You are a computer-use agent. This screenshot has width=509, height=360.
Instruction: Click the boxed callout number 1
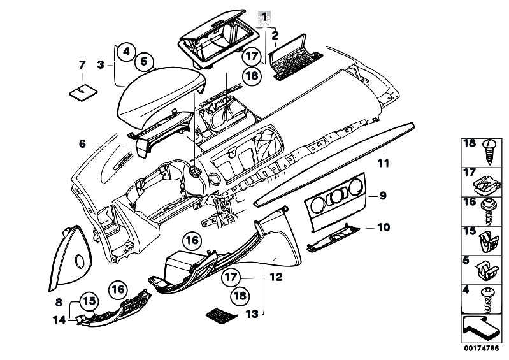point(264,16)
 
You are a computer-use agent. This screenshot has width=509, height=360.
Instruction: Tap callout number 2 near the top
point(275,36)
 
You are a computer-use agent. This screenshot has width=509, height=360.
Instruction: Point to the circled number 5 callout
point(144,62)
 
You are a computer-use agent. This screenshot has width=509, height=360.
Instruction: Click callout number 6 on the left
point(82,144)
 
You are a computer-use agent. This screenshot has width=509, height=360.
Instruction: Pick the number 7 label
point(82,64)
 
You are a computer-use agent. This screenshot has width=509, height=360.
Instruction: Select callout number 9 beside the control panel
point(382,196)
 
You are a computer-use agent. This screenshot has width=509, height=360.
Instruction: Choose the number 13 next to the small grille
point(253,315)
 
